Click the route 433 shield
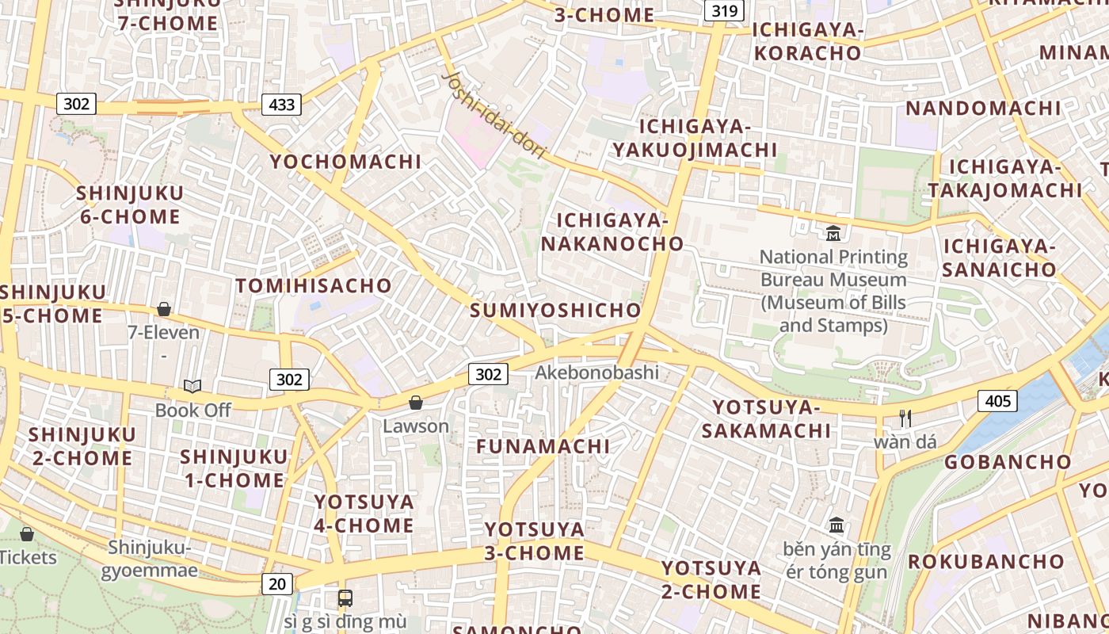(x=281, y=104)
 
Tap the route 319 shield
(x=724, y=10)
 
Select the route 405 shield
(x=997, y=401)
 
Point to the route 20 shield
(x=276, y=584)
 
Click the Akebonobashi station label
(x=596, y=372)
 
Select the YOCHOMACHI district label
(x=345, y=162)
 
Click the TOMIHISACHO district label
(x=314, y=285)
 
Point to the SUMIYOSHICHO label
(x=555, y=310)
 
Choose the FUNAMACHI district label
(x=543, y=446)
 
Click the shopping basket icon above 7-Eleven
(x=164, y=309)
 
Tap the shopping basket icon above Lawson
(x=416, y=403)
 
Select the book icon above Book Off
(x=192, y=386)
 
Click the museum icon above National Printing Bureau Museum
(x=833, y=233)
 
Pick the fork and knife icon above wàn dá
(x=905, y=418)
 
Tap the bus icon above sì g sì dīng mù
(x=345, y=598)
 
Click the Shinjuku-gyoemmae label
(x=150, y=559)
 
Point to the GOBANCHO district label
(x=1008, y=461)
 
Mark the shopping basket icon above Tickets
(x=27, y=534)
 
